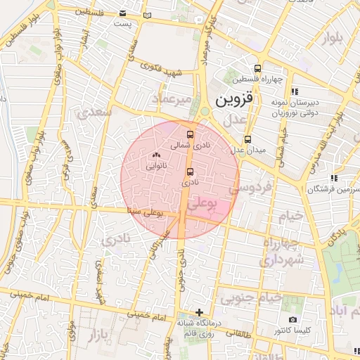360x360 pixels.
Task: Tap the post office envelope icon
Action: (x=124, y=13)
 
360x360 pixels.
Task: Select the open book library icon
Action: (x=146, y=15)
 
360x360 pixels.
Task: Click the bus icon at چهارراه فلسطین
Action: (x=258, y=68)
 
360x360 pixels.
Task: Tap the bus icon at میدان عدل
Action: (x=247, y=139)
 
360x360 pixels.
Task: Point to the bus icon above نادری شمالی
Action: (x=189, y=134)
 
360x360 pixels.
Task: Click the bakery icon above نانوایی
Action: (x=156, y=155)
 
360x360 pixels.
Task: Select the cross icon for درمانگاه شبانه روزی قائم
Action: (x=200, y=311)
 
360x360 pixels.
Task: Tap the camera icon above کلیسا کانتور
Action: (x=292, y=319)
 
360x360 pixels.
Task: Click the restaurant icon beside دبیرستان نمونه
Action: (x=295, y=91)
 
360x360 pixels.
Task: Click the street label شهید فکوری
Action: (x=162, y=70)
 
